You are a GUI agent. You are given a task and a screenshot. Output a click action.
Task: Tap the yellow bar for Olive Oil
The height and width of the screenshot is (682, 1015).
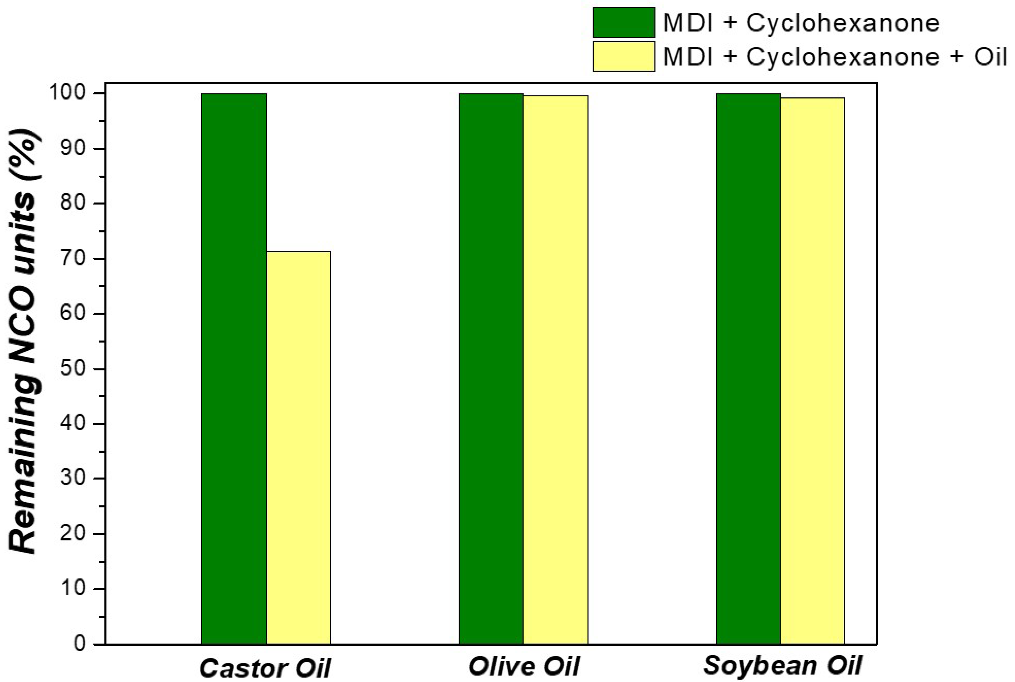(555, 370)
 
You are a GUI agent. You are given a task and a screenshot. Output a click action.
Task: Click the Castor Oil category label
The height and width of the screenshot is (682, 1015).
(265, 668)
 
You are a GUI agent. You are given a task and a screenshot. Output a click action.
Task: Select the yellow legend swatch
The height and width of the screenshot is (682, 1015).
(624, 56)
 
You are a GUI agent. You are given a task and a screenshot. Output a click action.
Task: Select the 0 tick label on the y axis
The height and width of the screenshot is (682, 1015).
(80, 644)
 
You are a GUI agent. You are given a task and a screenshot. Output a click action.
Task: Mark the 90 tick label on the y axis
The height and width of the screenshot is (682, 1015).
(73, 148)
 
